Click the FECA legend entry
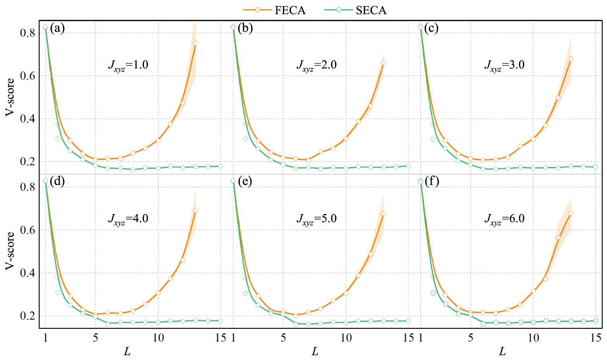[275, 10]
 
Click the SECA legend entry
[356, 10]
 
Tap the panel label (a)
[57, 28]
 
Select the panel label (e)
[245, 181]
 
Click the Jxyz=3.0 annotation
[504, 65]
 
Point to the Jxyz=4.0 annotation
[128, 219]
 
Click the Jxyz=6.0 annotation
[504, 219]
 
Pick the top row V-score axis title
[10, 97]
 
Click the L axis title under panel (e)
[315, 351]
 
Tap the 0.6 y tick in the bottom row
[27, 230]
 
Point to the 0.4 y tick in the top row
[27, 119]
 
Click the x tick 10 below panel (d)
[158, 338]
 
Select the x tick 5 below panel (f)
[470, 338]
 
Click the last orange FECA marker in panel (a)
[196, 43]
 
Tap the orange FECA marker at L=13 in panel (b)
[384, 63]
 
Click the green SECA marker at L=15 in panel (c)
[596, 167]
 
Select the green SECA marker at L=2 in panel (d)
[58, 292]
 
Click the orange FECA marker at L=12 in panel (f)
[558, 237]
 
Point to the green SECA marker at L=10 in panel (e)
[346, 323]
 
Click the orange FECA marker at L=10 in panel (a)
[158, 140]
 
